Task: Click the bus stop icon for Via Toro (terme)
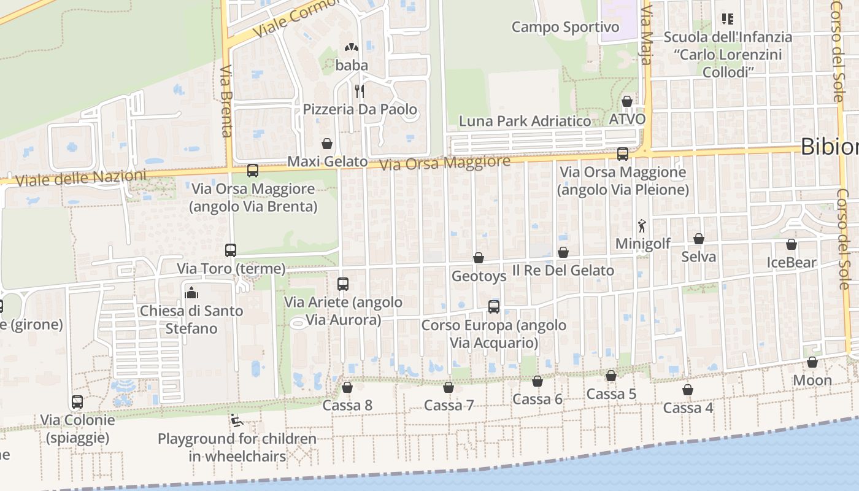[x=231, y=250]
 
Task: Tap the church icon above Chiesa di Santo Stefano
[x=191, y=292]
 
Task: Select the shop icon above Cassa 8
[x=347, y=387]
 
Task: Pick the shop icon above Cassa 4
[x=688, y=390]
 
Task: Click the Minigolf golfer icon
[x=642, y=226]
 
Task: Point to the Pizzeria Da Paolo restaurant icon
[x=360, y=91]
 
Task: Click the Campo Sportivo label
[x=565, y=27]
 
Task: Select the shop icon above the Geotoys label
[x=479, y=258]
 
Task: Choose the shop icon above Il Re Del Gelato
[x=563, y=252]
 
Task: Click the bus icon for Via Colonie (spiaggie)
[x=77, y=402]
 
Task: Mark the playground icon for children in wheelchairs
[x=236, y=421]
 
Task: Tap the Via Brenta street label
[x=226, y=101]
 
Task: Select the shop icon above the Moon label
[x=812, y=362]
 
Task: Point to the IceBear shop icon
[x=792, y=244]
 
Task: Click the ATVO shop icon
[x=627, y=101]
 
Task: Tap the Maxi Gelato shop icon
[x=328, y=144]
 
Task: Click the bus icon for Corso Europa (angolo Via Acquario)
[x=494, y=306]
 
